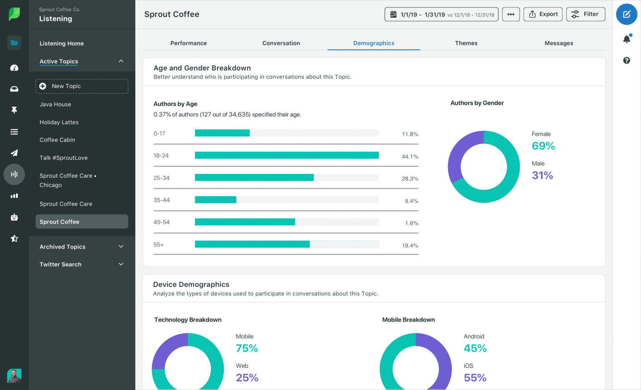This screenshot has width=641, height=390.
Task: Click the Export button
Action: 543,14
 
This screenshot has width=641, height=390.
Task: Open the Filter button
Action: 585,14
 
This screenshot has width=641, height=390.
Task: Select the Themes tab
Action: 466,43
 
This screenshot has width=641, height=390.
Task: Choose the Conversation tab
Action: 281,43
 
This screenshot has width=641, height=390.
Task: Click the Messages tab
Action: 558,43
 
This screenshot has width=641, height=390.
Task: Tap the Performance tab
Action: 188,43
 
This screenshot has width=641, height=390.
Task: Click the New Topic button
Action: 82,86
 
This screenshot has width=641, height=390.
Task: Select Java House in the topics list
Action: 56,104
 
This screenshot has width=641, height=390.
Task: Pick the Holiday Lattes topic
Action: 59,122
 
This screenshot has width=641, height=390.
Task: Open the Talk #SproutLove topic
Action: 63,158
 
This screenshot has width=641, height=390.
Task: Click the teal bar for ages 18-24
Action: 287,155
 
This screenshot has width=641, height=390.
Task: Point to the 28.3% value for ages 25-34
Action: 410,179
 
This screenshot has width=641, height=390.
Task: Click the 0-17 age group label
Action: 159,133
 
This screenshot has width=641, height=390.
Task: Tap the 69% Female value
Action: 543,146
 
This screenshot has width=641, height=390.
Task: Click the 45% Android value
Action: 475,348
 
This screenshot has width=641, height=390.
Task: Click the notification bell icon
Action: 626,39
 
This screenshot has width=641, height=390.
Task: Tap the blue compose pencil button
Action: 626,15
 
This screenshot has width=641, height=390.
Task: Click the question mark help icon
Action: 626,60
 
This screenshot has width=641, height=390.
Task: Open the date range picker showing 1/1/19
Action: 441,14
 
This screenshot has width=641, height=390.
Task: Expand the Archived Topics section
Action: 81,247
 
